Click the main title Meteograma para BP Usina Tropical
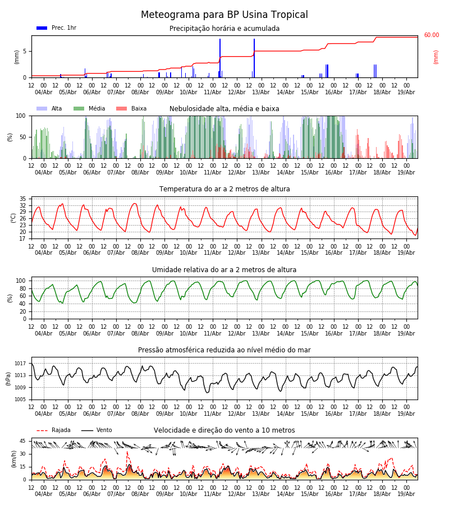224,15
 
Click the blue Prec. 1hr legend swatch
42,28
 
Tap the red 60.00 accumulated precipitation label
432,35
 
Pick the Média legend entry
89,108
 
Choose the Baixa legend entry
131,108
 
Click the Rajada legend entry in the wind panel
53,430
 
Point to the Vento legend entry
97,430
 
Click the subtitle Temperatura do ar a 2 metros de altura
224,189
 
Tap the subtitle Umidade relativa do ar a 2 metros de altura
224,269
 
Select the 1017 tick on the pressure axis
20,364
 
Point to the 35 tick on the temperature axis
22,199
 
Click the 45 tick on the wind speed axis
22,441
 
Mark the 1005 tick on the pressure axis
20,400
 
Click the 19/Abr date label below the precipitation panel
406,92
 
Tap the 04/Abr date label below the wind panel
43,494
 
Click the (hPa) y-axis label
8,379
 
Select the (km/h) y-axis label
13,459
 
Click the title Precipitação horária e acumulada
224,29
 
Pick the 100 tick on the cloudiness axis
21,116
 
